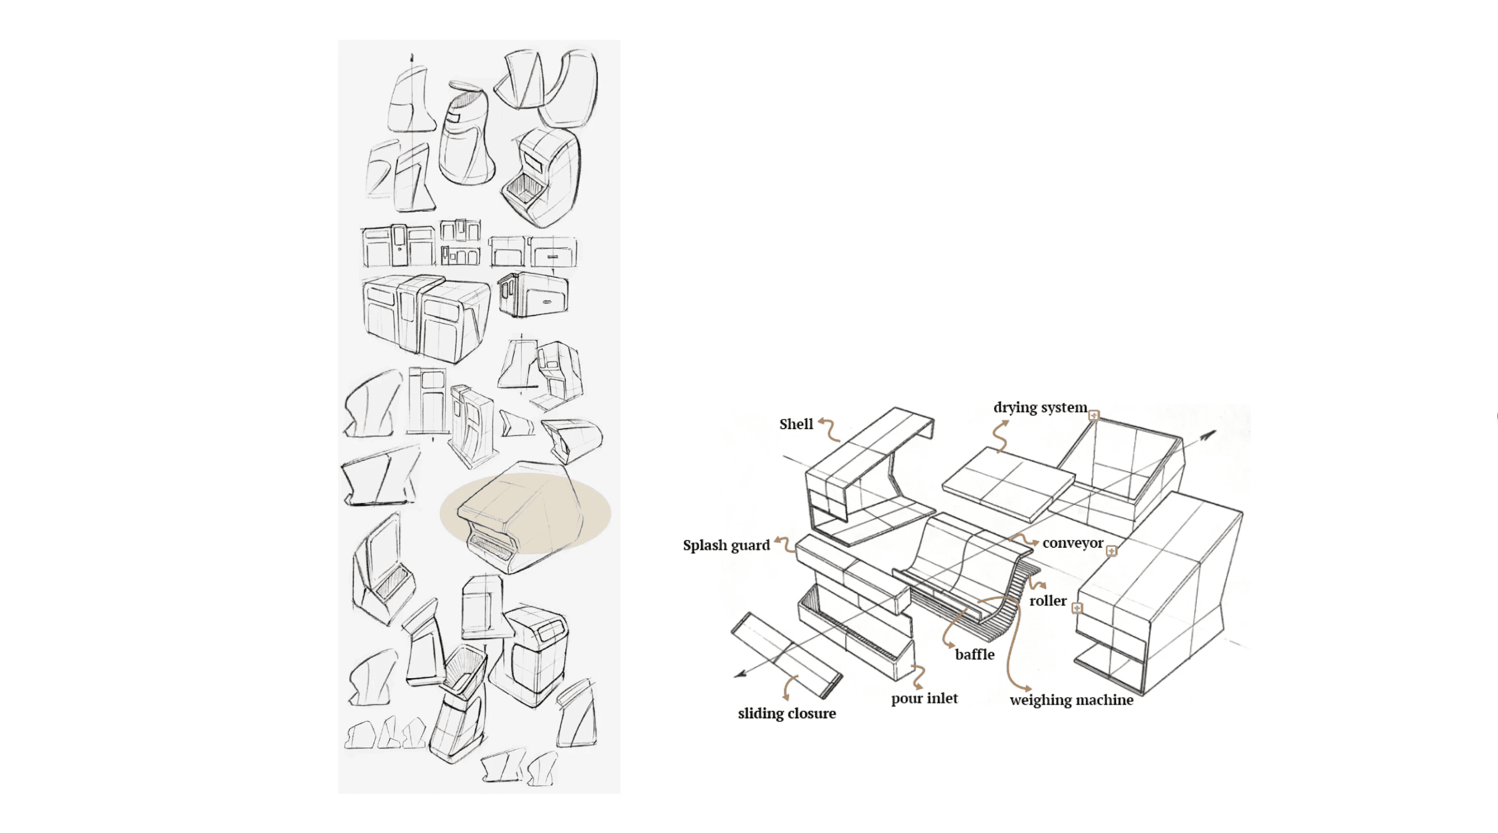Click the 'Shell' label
point(796,424)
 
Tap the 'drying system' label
point(1040,407)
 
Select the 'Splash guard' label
point(726,545)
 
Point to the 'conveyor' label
point(1072,543)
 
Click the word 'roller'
point(1048,600)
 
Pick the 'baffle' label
point(974,655)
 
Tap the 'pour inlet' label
point(924,698)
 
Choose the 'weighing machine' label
point(1071,700)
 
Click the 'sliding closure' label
point(787,713)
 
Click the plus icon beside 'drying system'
point(1094,415)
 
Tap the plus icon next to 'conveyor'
point(1111,550)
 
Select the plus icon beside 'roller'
point(1077,608)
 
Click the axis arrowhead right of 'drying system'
point(1209,435)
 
